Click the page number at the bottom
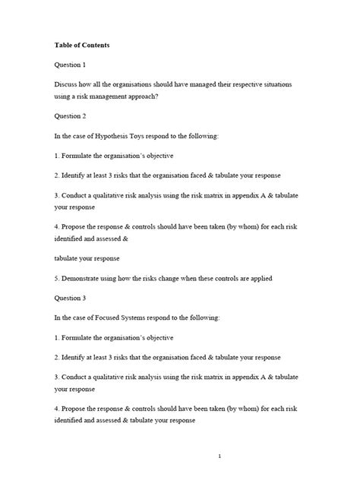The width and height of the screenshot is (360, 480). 218,456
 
